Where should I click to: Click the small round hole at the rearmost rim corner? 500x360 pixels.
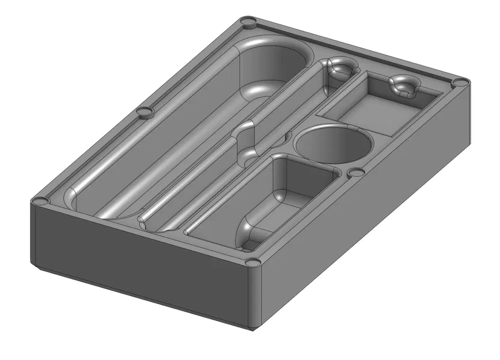pos(249,22)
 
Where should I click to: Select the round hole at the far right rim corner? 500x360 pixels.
pos(460,83)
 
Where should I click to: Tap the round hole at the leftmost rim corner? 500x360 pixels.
pos(41,202)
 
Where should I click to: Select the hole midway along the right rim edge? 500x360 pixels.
pos(356,172)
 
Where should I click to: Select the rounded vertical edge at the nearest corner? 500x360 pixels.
pos(252,300)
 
